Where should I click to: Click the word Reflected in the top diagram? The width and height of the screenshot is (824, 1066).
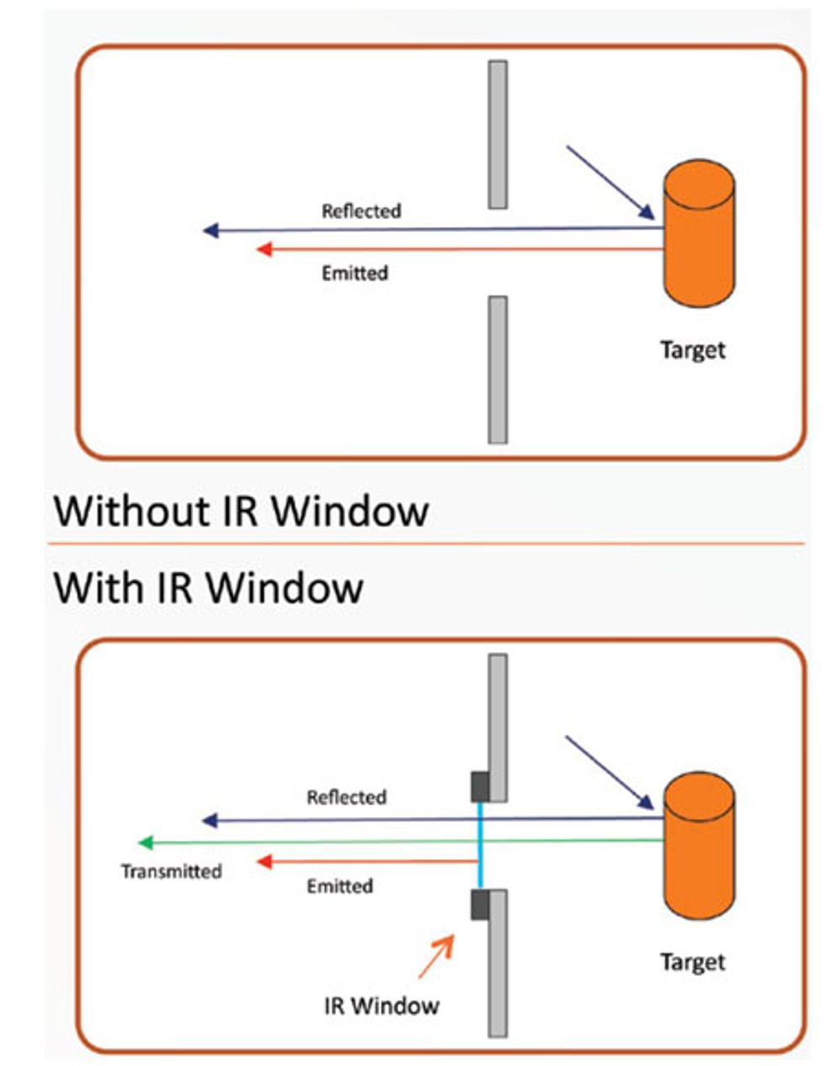coord(361,211)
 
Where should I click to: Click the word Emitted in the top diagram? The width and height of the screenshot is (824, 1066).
coord(355,273)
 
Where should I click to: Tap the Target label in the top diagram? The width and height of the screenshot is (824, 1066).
coord(692,350)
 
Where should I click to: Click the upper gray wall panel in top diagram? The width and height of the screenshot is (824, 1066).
coord(498,135)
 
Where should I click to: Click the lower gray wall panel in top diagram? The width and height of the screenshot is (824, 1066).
coord(498,369)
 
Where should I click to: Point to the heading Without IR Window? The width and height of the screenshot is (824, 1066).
coord(241,511)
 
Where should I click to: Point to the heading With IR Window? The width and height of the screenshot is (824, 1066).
coord(209,587)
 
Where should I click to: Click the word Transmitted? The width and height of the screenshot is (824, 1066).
coord(172,872)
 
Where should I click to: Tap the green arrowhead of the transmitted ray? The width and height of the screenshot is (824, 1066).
coord(145,842)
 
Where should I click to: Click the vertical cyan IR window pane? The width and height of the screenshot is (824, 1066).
coord(479,845)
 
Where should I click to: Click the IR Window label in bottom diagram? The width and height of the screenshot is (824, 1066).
coord(382,1005)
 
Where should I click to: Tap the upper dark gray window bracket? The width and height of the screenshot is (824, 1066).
coord(480,786)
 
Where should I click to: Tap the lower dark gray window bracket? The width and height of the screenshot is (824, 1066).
coord(480,904)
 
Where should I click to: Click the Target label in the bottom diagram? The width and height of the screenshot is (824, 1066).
coord(692,962)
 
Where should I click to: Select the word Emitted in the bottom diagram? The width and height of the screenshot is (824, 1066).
coord(340,886)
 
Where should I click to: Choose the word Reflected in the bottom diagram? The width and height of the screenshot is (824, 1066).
coord(346,797)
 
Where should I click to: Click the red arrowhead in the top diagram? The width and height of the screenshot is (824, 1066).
coord(263,249)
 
